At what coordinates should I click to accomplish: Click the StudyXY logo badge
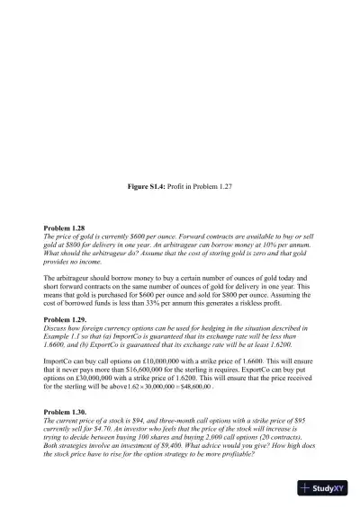point(326,489)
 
